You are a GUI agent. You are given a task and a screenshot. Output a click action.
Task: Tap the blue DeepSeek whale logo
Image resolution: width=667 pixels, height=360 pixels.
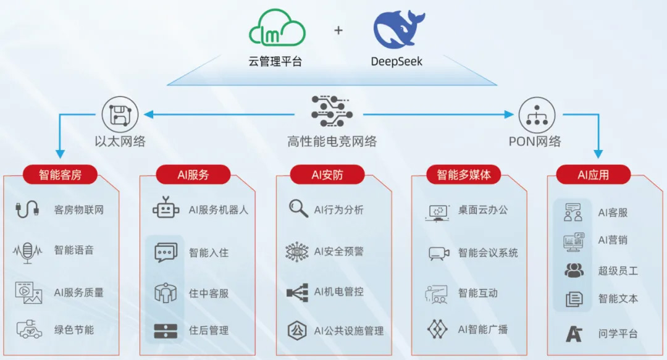398,30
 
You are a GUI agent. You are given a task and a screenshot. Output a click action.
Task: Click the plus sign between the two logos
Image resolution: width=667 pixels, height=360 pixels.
338,30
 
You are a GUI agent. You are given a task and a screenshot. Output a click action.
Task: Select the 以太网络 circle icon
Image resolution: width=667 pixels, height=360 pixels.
120,114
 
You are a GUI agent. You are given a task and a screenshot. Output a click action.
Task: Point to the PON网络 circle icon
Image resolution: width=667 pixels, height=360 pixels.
536,114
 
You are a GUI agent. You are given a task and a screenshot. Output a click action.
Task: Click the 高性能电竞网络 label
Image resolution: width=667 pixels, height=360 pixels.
332,141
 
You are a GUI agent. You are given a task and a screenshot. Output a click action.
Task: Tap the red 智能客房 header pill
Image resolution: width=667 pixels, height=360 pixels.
60,174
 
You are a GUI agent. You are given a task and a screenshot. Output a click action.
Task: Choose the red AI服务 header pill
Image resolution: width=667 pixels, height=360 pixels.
193,174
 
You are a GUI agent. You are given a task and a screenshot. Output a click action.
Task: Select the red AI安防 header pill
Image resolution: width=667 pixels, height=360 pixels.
327,174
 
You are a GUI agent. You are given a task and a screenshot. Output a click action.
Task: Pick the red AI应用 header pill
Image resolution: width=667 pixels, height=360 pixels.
593,174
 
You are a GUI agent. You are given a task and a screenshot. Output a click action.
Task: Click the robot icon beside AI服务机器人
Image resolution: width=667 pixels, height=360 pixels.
166,209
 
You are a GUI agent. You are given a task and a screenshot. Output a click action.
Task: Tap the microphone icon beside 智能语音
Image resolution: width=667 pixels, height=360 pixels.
28,251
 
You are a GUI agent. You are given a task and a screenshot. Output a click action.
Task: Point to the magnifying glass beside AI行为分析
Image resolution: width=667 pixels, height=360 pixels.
298,209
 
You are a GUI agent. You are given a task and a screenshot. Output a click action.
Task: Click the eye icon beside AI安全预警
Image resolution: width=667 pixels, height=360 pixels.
297,251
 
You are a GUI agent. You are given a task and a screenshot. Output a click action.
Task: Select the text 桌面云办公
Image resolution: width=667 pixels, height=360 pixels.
483,210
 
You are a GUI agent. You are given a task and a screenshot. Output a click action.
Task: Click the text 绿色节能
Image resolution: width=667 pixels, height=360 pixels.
74,330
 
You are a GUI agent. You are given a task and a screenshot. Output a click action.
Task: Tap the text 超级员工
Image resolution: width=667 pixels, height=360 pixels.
618,271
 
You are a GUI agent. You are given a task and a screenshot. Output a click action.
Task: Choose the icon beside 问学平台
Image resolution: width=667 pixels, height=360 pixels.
574,333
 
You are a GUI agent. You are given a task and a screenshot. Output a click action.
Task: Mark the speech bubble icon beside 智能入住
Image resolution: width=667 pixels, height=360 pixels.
166,253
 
